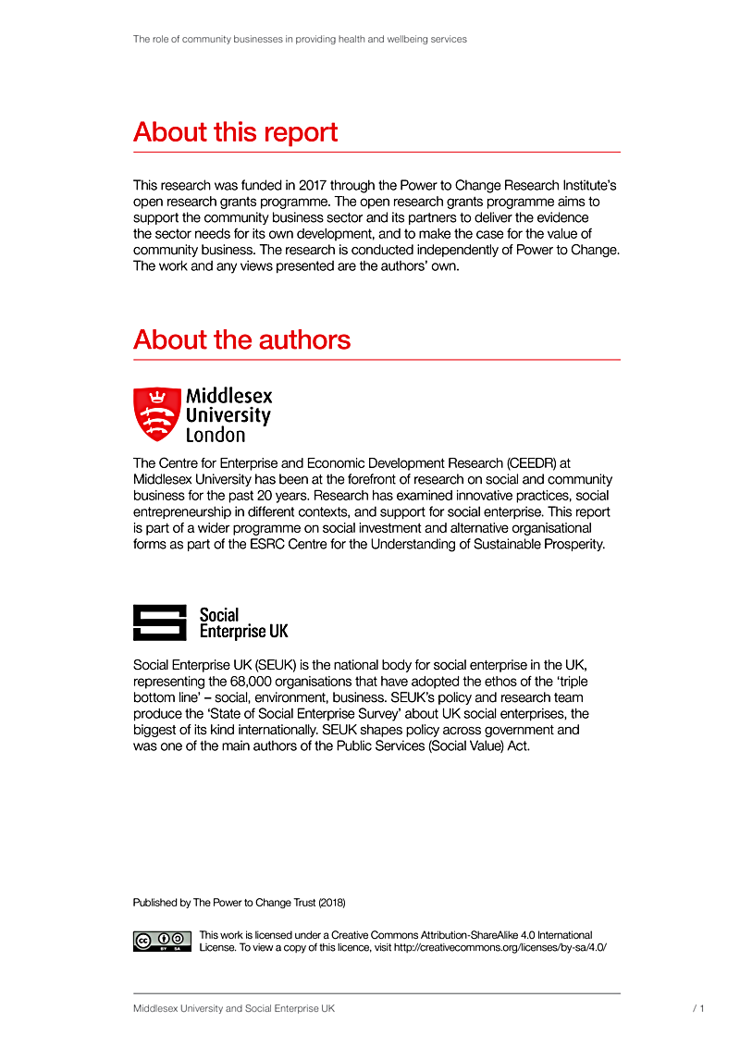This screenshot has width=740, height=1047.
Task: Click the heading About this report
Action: click(x=235, y=132)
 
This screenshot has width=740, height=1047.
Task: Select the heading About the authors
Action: click(x=241, y=340)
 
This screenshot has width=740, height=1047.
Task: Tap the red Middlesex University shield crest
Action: click(x=156, y=413)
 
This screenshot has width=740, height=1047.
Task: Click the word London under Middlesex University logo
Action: click(x=216, y=435)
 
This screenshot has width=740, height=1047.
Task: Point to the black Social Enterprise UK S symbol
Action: click(x=160, y=622)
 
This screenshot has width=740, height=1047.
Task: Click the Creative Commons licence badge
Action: click(x=162, y=941)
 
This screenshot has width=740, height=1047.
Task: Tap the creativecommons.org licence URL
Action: click(x=500, y=948)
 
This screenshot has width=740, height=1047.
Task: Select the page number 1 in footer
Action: click(x=702, y=1008)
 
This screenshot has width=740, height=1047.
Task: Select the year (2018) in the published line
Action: click(x=331, y=902)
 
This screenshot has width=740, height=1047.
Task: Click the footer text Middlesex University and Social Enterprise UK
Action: click(x=233, y=1008)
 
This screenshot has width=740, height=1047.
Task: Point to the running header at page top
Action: click(x=300, y=40)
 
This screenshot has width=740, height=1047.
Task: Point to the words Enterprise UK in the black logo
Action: click(x=243, y=632)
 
